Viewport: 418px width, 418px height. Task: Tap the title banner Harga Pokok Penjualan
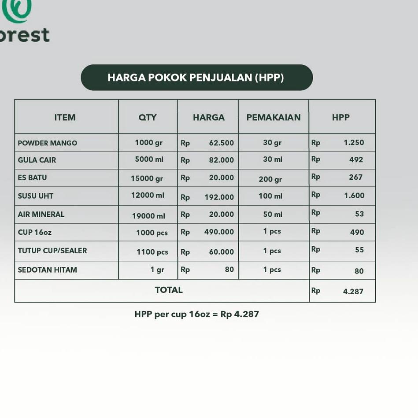coord(197,78)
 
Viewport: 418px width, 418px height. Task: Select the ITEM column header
coord(65,117)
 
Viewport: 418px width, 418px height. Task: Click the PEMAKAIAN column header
coord(274,117)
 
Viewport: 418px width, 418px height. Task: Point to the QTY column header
coord(148,117)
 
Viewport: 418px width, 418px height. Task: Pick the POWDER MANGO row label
coord(48,143)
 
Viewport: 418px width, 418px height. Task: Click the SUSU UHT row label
coord(35,196)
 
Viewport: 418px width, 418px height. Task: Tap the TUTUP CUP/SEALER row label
coord(52,251)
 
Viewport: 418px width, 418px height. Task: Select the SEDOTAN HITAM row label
coord(48,270)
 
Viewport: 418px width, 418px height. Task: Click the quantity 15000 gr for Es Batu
coord(147,179)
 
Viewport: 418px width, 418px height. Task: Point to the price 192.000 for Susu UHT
coord(219,197)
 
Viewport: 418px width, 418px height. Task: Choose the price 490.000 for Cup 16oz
coord(219,232)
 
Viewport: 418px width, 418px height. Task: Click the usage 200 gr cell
coord(270,179)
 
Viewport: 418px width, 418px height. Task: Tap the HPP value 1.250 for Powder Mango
coord(354,142)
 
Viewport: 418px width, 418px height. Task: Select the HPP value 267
coord(356,177)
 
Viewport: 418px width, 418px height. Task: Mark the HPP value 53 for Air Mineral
coord(359,214)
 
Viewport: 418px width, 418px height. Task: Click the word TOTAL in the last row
coord(169,290)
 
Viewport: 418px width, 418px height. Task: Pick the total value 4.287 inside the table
coord(353,292)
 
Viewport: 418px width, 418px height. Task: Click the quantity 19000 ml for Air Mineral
coord(149,216)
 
